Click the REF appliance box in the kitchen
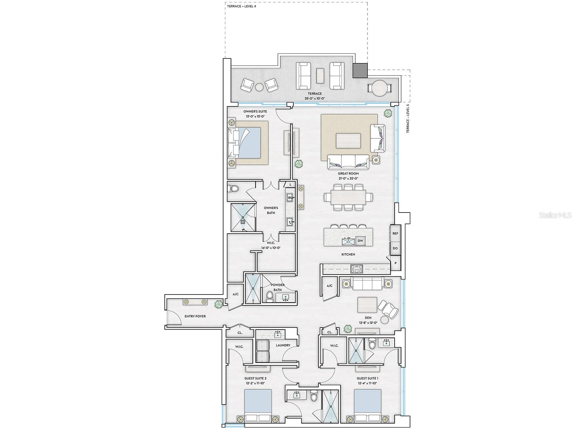click(395, 233)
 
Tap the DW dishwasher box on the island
click(360, 241)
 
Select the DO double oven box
click(395, 248)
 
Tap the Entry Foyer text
click(195, 316)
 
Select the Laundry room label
click(283, 345)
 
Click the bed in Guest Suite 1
click(367, 408)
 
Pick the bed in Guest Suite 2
click(258, 408)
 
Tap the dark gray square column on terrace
click(360, 70)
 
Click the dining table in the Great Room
click(348, 197)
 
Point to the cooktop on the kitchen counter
click(357, 267)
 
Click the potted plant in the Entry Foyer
click(218, 304)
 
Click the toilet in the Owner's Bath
click(234, 188)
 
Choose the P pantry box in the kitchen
click(395, 263)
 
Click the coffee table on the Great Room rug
click(348, 140)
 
